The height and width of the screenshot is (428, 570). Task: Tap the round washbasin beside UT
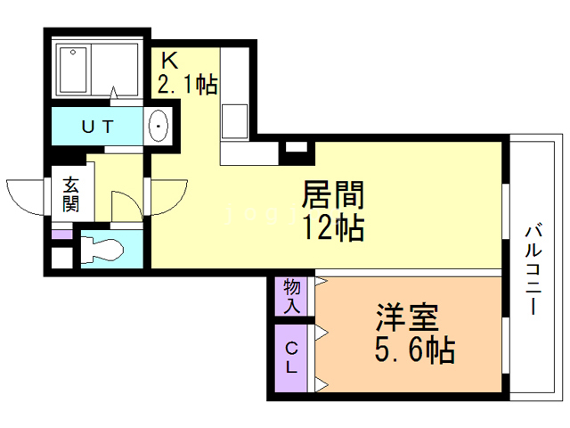(159, 127)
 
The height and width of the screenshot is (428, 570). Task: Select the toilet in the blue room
(102, 250)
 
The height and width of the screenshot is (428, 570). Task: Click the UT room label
(97, 127)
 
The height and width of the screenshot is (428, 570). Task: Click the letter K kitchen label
(169, 61)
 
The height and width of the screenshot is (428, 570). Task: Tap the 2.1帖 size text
(188, 86)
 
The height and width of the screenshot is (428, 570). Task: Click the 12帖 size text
(333, 227)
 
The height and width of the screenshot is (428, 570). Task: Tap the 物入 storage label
(291, 296)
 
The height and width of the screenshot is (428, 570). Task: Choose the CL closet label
(291, 356)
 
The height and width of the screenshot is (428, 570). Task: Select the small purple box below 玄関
(61, 235)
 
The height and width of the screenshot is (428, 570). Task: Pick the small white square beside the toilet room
(61, 259)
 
